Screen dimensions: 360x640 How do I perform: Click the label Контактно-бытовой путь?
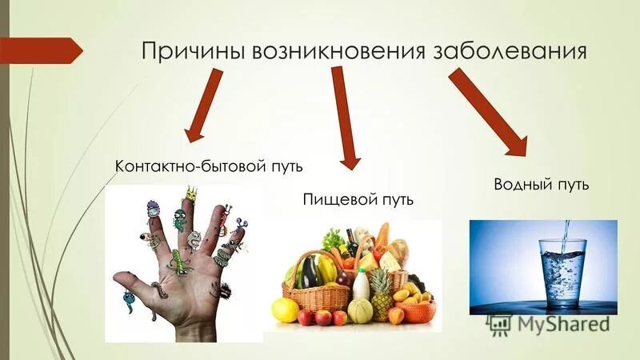pyautogui.click(x=211, y=166)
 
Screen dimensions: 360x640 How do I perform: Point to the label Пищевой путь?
pyautogui.click(x=358, y=198)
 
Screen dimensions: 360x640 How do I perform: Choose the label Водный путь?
pyautogui.click(x=542, y=185)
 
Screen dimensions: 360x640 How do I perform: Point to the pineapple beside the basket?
pyautogui.click(x=381, y=292)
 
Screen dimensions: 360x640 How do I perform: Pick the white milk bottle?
pyautogui.click(x=361, y=288)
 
